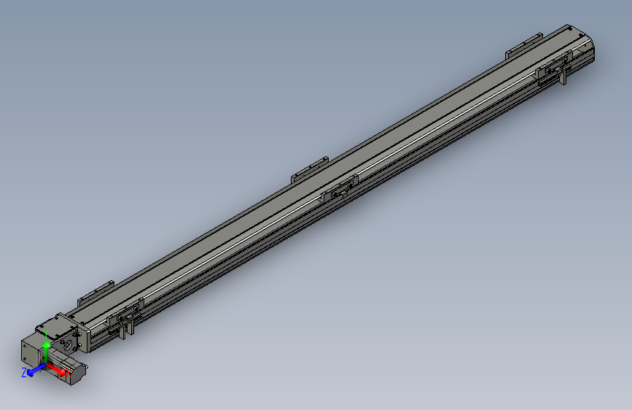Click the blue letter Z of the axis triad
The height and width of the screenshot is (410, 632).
point(24,372)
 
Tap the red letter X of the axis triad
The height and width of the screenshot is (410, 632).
point(68,374)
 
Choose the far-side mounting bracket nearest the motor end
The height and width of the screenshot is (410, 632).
point(95,292)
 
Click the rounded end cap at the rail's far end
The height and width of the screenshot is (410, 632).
point(586,48)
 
